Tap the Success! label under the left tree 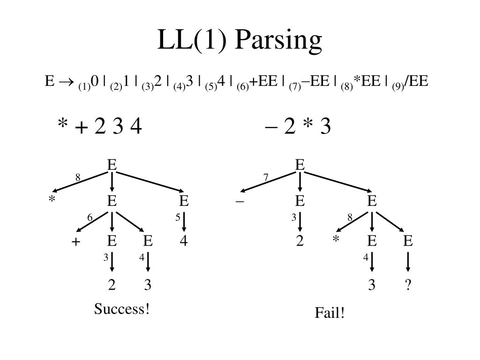pos(122,309)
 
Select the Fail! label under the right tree pos(330,313)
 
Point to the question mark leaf pos(408,285)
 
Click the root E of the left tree pos(112,165)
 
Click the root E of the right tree pos(300,165)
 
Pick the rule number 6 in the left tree pos(90,218)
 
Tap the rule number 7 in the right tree pos(266,178)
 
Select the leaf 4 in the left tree pos(184,241)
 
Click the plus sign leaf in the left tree pos(75,242)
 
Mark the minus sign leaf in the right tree pos(240,202)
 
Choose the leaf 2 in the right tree pos(300,241)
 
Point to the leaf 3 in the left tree pos(148,285)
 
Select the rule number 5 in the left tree pos(178,218)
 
